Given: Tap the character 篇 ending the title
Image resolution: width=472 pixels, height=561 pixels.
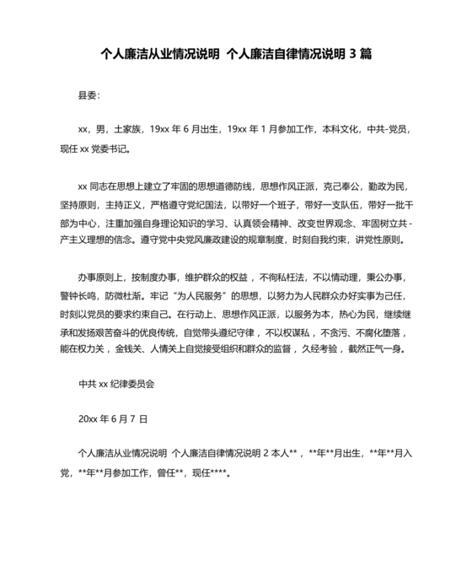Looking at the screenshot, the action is [x=366, y=54].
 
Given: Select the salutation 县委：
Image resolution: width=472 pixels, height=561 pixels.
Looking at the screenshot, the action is [x=88, y=97].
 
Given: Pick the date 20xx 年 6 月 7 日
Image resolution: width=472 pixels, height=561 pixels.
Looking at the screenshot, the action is [x=112, y=418].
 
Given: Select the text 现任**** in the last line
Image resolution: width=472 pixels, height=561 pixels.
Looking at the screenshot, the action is [x=205, y=472].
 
